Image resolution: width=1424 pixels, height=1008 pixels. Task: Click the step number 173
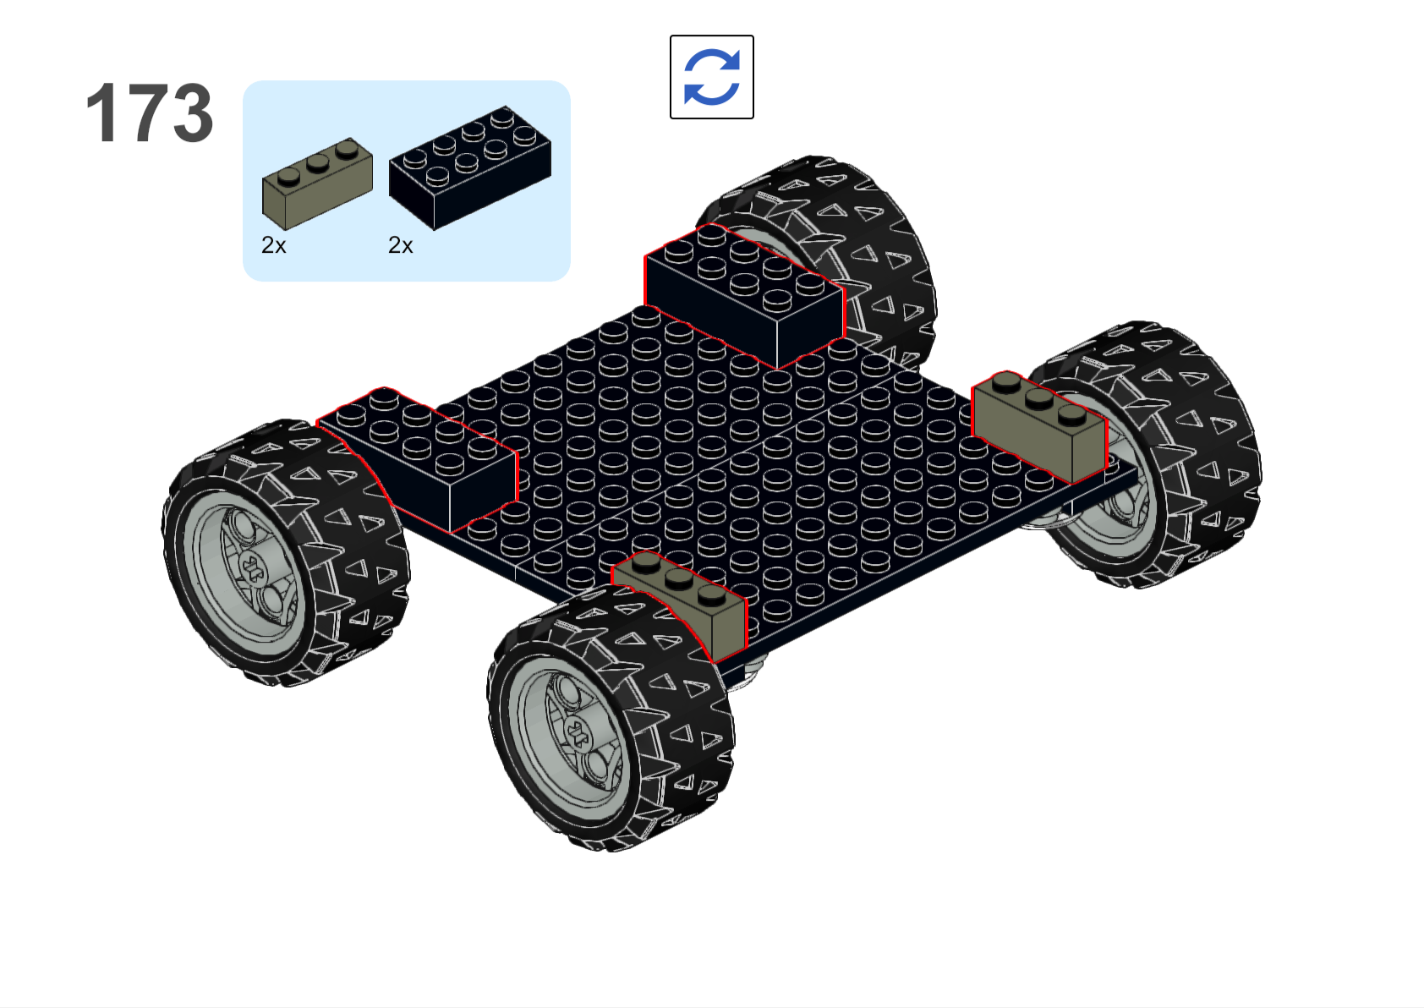tap(150, 113)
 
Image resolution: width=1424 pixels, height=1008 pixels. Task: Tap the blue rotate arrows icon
tap(711, 77)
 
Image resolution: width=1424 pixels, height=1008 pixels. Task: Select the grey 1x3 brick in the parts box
tap(317, 183)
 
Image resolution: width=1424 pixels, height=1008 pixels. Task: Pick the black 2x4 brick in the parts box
tap(470, 167)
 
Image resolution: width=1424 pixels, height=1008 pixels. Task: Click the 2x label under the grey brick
tap(273, 244)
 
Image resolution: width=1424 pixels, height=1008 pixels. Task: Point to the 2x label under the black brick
tap(401, 244)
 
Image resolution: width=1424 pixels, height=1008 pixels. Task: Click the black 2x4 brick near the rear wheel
tap(744, 295)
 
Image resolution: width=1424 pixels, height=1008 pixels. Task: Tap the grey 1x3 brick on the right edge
tap(1039, 426)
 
